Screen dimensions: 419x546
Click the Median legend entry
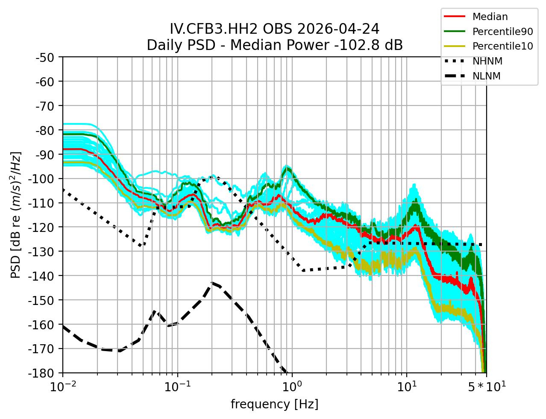(490, 17)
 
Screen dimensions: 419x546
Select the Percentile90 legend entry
(502, 32)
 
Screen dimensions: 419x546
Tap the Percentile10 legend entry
(502, 46)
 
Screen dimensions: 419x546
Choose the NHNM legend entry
(487, 61)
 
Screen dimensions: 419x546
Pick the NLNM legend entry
(486, 76)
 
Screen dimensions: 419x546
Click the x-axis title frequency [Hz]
(274, 404)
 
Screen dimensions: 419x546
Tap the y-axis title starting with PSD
(16, 215)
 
